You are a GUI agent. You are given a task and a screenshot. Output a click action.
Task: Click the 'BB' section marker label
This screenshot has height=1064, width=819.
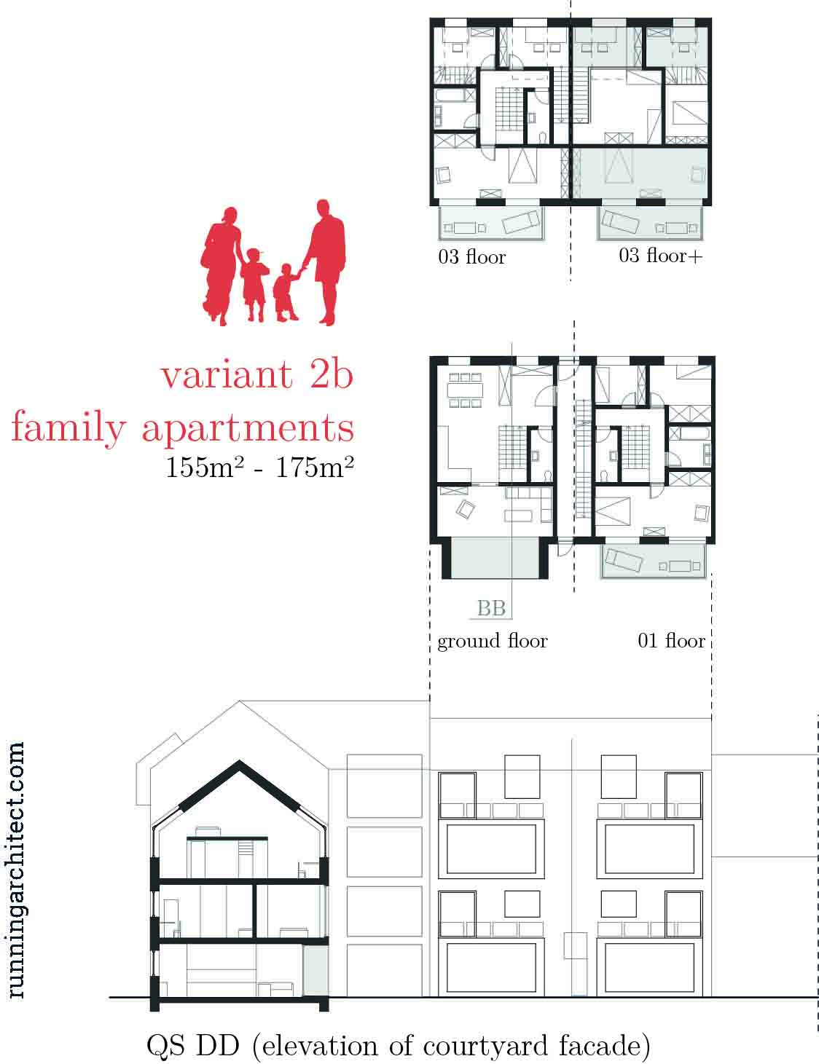491,608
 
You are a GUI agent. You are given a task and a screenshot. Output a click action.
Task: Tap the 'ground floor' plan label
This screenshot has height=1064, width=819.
493,642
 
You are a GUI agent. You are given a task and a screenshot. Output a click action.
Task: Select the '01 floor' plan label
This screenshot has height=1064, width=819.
671,640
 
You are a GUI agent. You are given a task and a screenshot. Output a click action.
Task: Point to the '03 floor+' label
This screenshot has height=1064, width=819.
660,256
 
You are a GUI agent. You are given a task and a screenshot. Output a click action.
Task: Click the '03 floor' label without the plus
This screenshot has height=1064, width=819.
471,256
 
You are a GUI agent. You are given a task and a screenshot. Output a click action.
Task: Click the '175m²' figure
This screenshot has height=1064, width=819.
315,467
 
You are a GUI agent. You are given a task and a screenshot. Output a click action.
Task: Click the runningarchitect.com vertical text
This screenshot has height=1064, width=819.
15,870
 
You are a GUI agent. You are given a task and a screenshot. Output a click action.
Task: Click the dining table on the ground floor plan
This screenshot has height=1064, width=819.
465,390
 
